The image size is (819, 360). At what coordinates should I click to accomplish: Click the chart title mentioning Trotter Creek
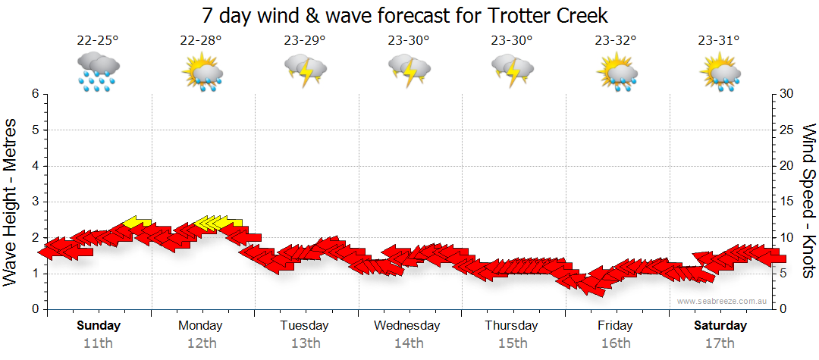tap(406, 15)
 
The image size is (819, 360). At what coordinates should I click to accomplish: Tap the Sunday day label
tap(98, 326)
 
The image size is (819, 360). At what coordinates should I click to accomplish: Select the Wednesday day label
tap(407, 326)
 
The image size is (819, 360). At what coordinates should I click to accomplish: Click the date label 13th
tap(305, 343)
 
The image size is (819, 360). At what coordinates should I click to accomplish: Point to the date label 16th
tap(615, 343)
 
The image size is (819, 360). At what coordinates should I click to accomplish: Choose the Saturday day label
tap(720, 326)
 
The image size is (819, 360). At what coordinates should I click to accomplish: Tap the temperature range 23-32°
tap(615, 40)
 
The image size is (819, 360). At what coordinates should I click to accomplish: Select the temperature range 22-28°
tap(201, 40)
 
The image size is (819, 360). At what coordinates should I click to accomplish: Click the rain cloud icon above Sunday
tap(98, 72)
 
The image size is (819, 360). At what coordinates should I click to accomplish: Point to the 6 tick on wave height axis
tap(34, 94)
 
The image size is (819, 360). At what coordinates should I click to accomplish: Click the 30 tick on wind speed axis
tap(786, 94)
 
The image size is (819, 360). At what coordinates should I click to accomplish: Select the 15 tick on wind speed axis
tap(786, 202)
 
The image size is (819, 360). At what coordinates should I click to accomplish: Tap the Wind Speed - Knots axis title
tap(808, 202)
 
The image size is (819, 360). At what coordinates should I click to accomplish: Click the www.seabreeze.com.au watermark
tap(723, 302)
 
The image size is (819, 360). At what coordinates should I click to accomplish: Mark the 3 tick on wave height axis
tap(34, 202)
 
